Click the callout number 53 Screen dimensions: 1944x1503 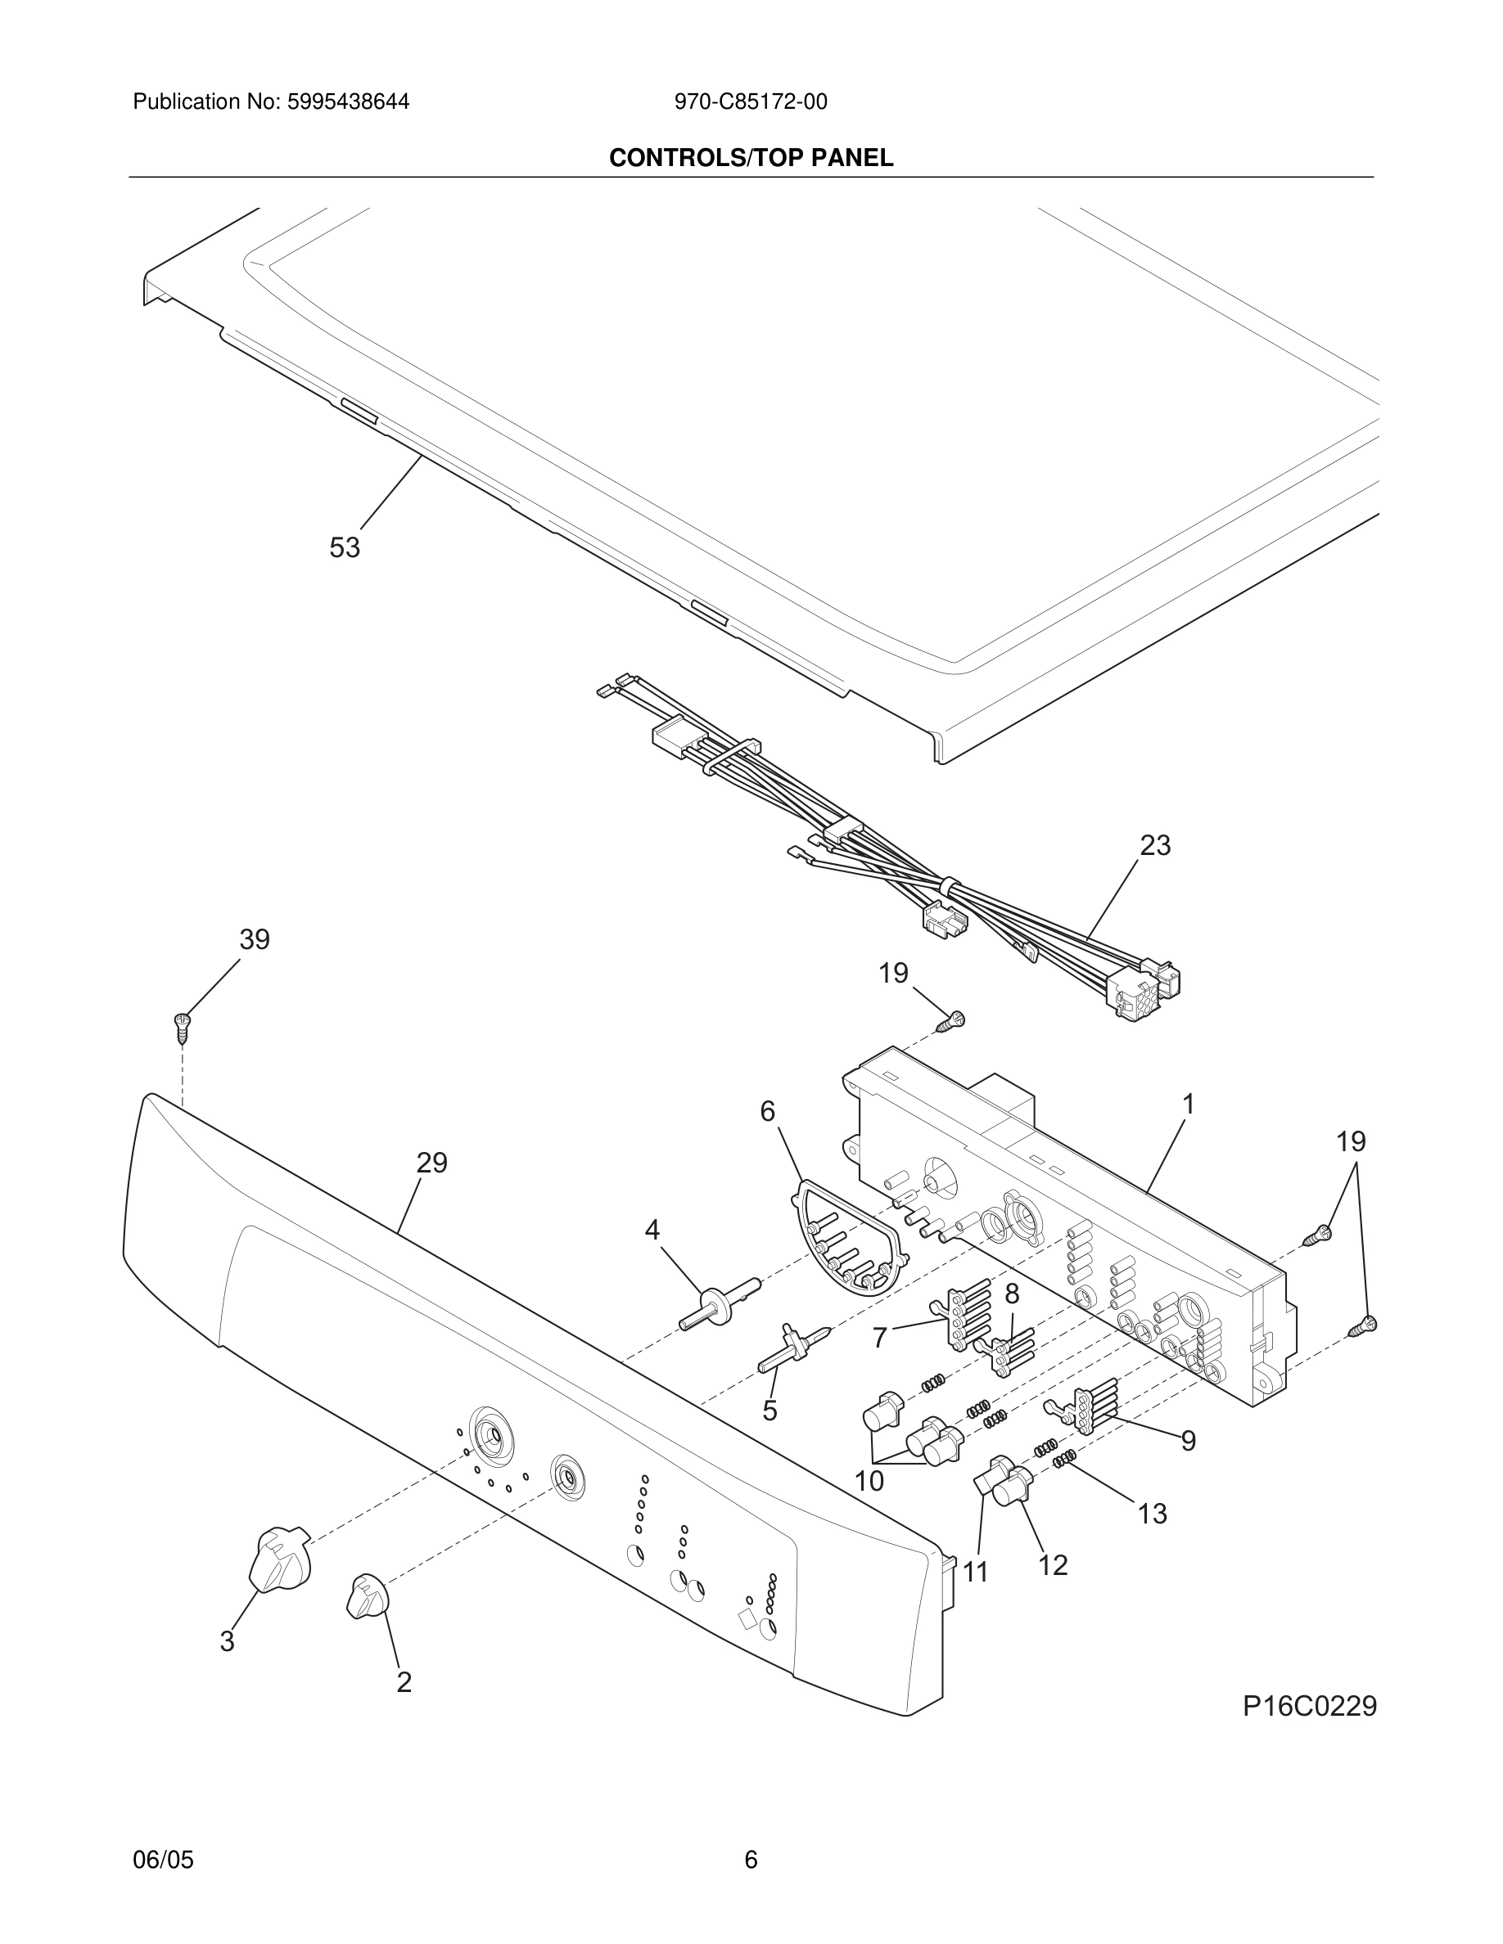point(345,547)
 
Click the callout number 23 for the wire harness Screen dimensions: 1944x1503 point(1155,844)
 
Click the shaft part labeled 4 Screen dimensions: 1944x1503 point(720,1304)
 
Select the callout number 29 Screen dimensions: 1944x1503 point(432,1163)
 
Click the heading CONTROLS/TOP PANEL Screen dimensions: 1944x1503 point(751,158)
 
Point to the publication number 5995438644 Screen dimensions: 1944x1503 point(347,101)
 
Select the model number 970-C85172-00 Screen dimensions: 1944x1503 point(751,101)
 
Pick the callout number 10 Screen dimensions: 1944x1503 point(869,1481)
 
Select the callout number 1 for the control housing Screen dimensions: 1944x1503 point(1188,1104)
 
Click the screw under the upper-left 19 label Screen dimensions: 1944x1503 point(950,1022)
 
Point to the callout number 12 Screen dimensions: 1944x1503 point(1053,1565)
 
